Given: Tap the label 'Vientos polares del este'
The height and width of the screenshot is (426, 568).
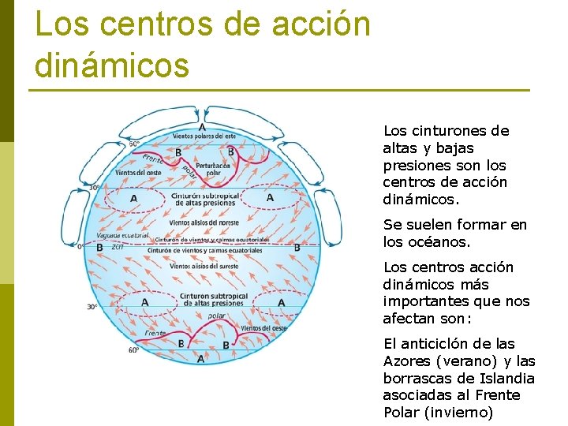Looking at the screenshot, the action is point(204,136).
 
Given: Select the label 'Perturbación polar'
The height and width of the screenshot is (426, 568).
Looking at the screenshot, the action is point(213,170).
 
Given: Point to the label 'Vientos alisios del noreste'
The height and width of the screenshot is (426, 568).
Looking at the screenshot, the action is point(204,222).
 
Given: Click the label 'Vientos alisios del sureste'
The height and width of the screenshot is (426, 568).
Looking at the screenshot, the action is point(204,266).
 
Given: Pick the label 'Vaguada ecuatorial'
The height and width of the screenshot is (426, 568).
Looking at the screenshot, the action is point(122,236).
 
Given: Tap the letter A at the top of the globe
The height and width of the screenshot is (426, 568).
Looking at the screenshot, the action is point(203,126).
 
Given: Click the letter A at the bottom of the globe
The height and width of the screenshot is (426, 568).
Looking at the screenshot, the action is point(201,358).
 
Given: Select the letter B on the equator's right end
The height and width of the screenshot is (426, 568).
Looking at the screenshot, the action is point(297,247).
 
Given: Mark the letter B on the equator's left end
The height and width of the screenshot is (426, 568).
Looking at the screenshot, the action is point(99,247).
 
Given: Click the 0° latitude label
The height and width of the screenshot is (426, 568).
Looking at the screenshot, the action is point(80,246).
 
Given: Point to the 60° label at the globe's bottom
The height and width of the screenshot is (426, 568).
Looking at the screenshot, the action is point(133,349).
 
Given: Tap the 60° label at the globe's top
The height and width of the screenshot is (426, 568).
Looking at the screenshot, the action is point(134,144).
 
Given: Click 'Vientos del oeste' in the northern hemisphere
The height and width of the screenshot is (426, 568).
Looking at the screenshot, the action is point(138,172).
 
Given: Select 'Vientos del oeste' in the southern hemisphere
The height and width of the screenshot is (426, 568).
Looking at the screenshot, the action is point(263,327).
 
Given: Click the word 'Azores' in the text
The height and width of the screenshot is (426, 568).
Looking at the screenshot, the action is point(407,361).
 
